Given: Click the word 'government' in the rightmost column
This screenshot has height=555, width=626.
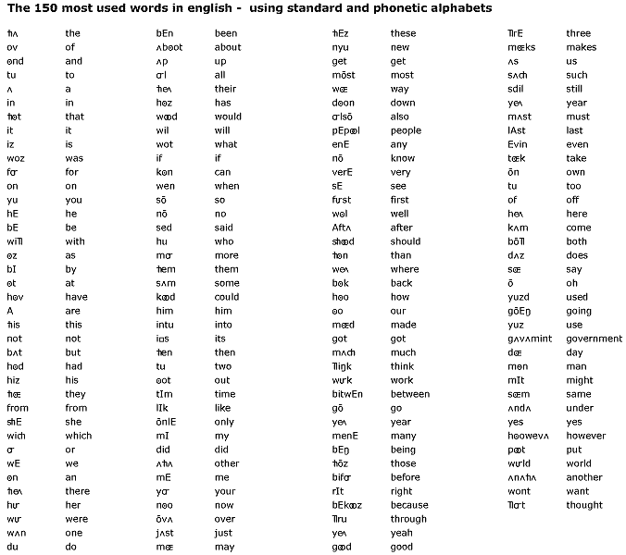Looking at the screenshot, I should point(594,339).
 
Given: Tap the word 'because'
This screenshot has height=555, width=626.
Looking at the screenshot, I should point(408,505).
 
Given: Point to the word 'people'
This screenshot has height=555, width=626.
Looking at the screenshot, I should point(406,130).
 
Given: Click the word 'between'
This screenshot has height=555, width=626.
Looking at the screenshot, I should point(409,394).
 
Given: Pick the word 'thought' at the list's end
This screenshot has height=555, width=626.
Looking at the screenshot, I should point(584,505).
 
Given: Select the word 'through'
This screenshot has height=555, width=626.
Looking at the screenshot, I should point(408,519).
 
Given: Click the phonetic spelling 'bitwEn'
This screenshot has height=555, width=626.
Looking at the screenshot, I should point(347,394).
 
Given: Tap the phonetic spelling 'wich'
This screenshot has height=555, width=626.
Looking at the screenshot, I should point(17,436).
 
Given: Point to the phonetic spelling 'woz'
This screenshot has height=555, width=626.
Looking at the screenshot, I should point(16,158).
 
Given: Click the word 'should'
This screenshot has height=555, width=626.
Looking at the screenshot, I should point(405,241).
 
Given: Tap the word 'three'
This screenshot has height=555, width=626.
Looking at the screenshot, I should point(578,33).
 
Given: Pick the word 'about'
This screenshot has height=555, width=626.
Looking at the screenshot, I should point(228,47).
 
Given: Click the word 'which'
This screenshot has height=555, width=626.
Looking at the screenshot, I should point(79,436).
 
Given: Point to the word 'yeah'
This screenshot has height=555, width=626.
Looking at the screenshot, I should point(401,533).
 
